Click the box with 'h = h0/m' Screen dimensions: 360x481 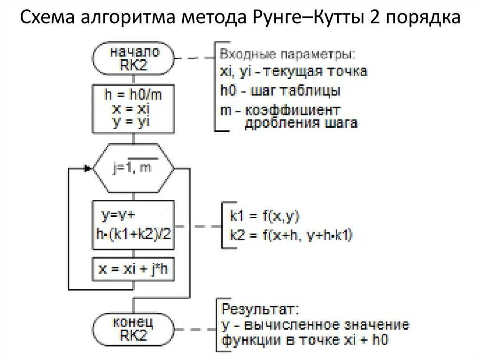tap(134, 108)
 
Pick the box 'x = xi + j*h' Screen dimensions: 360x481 tap(134, 270)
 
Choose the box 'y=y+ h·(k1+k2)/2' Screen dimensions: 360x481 tap(134, 225)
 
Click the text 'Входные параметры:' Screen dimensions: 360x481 tap(287, 53)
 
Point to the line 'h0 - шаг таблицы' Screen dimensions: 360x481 tap(280, 91)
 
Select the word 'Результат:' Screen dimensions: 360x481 tap(259, 310)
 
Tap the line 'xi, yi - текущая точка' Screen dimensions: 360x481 tap(293, 72)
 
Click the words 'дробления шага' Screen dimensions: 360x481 tap(301, 123)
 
